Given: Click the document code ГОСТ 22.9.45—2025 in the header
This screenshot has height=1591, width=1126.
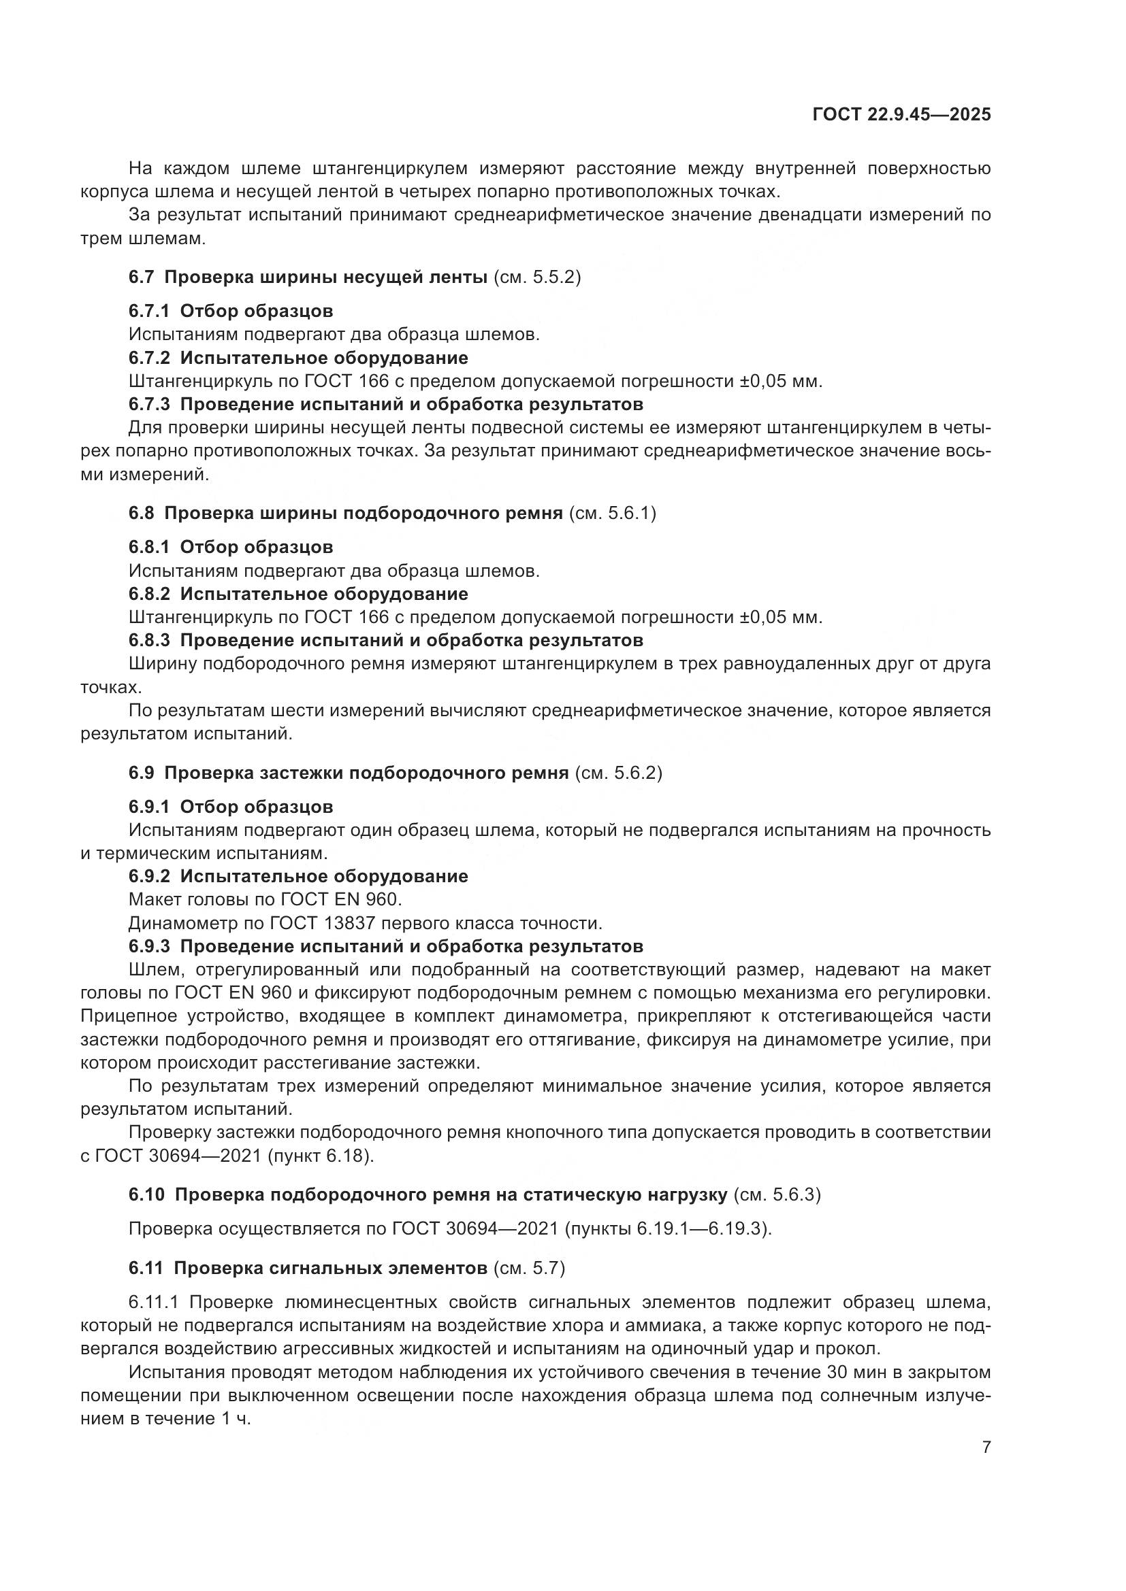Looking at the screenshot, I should pos(901,114).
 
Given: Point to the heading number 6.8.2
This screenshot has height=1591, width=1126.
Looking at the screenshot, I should pos(149,594).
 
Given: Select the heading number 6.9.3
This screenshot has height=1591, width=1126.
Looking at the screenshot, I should pos(149,946).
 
